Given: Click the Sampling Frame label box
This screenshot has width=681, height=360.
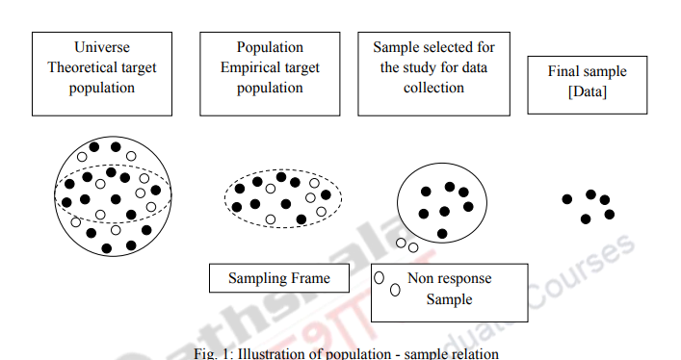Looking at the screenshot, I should tap(278, 279).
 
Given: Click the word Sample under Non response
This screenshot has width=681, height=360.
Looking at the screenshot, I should tap(449, 299).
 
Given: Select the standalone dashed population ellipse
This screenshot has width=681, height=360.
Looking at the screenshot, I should tap(283, 199).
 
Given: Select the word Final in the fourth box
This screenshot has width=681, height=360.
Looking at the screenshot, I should tap(564, 72).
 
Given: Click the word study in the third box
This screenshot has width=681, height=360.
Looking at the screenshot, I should tap(438, 67).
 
